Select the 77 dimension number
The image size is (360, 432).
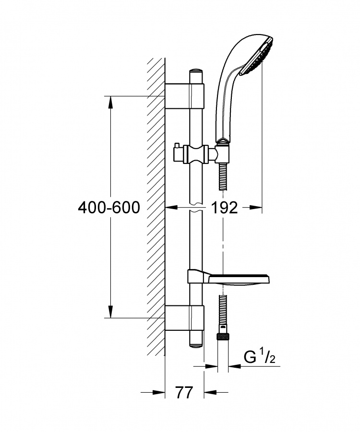click(184, 392)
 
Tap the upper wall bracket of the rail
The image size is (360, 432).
click(184, 96)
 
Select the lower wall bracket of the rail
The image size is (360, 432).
click(184, 318)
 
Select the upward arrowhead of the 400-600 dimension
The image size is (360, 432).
click(110, 102)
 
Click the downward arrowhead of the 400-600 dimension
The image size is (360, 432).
click(110, 311)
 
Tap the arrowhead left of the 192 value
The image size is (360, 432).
click(171, 207)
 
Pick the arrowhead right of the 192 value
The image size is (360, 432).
click(255, 207)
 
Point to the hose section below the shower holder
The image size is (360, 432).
click(223, 176)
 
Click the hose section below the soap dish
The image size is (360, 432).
click(223, 309)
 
